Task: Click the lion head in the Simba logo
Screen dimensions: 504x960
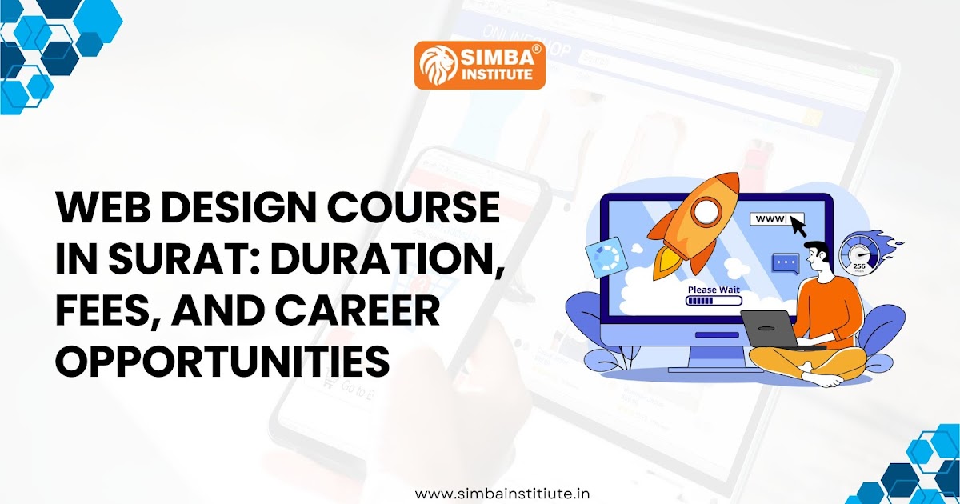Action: coord(436,64)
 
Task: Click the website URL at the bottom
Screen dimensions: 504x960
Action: coord(503,494)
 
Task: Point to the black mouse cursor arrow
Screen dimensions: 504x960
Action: coord(798,228)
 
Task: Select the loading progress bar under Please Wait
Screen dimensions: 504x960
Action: coord(713,302)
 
